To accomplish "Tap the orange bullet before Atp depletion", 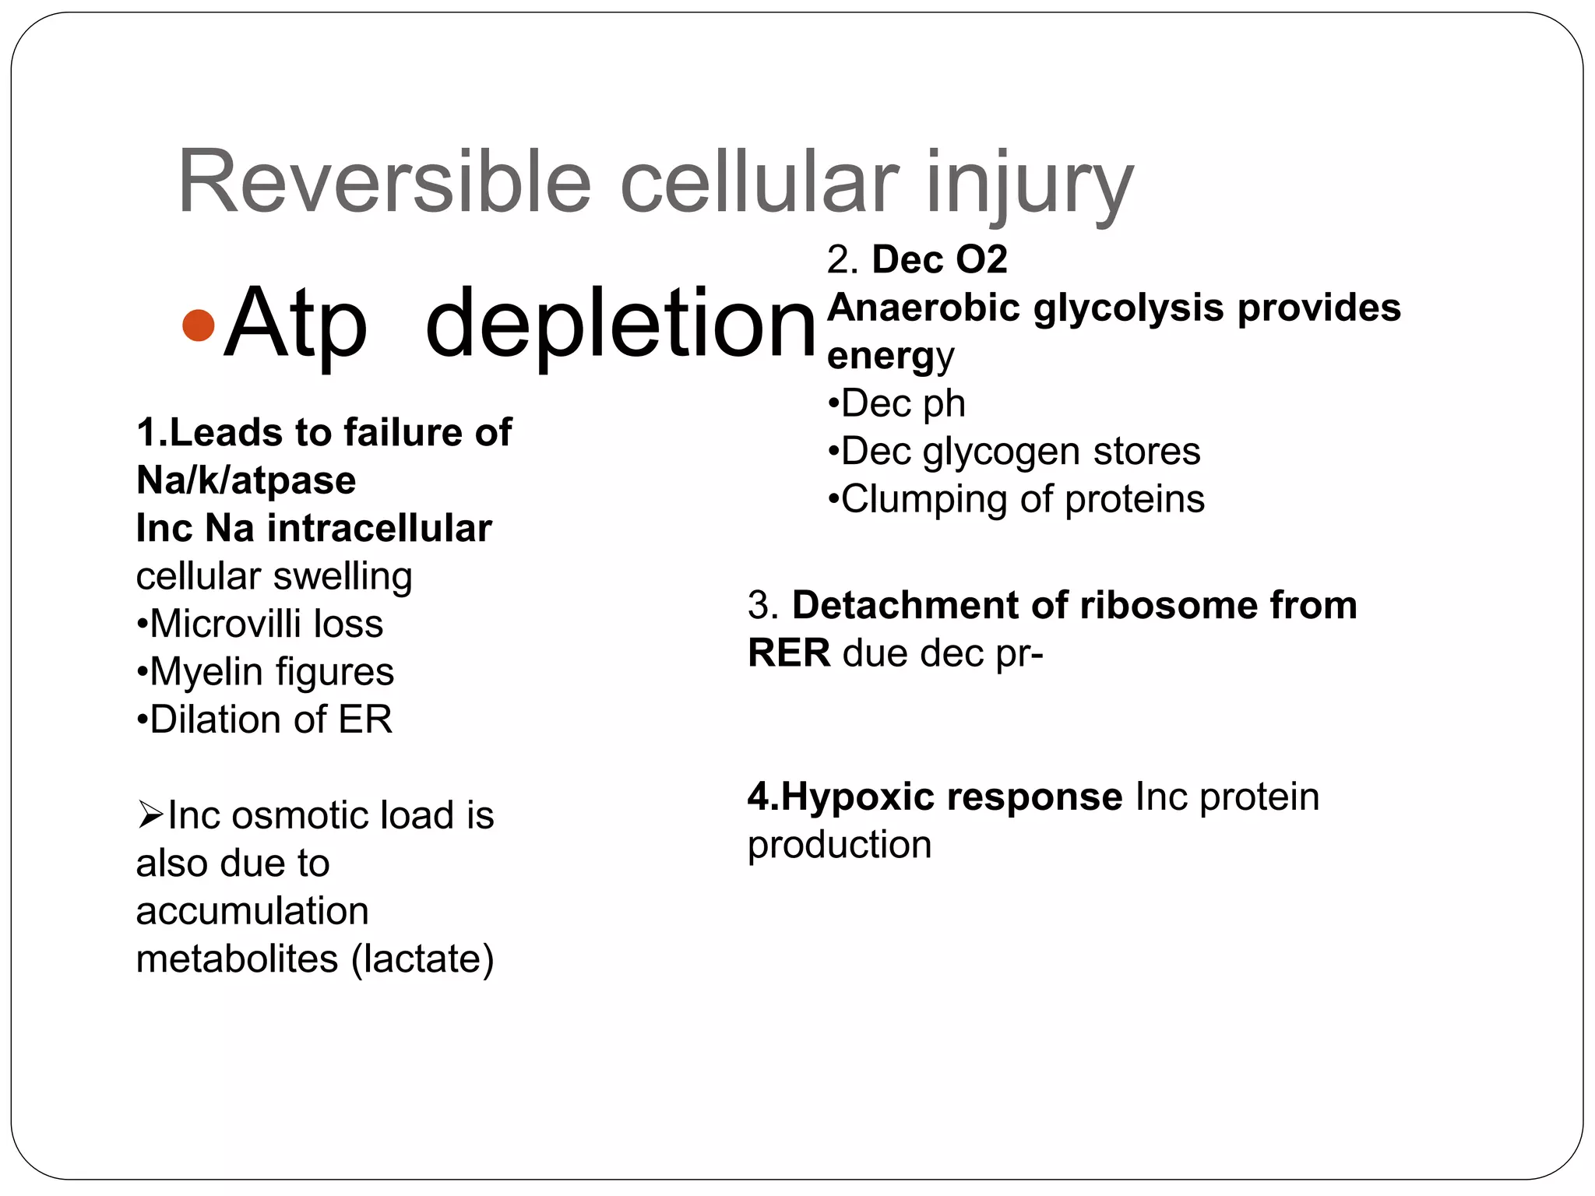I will coord(198,325).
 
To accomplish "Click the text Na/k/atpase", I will coord(246,480).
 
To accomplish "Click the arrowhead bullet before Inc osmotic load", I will coord(150,815).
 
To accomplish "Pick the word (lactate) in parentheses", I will coord(422,959).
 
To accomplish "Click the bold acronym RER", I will coord(788,653).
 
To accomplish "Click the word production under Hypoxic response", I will coord(839,845).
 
